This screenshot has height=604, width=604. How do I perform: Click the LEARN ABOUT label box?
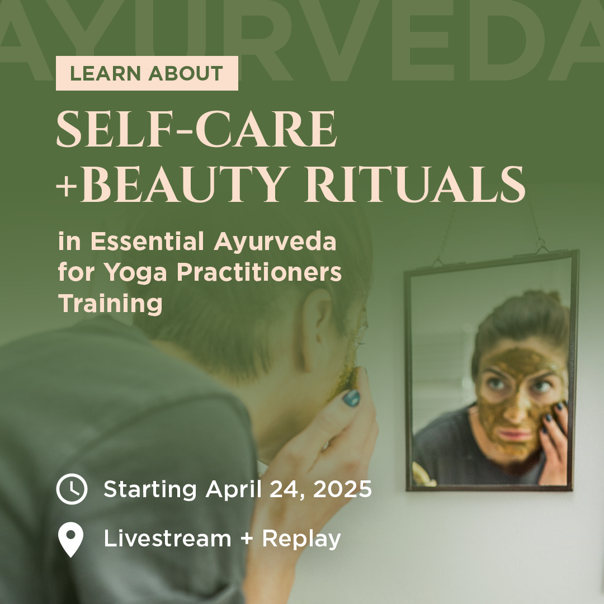[147, 73]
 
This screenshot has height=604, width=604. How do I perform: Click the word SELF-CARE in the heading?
[196, 129]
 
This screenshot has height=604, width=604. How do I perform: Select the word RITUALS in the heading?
[415, 184]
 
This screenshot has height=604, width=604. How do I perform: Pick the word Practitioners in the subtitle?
[259, 272]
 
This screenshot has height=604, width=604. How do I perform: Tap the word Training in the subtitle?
[111, 304]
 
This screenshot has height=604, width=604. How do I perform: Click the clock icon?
[72, 489]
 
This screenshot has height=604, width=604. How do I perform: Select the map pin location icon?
[71, 539]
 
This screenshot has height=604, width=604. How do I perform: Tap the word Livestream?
[167, 538]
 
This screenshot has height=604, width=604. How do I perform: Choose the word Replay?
[301, 539]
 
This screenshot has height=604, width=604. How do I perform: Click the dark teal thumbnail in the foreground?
[351, 398]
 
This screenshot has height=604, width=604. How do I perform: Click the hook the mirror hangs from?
[540, 243]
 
